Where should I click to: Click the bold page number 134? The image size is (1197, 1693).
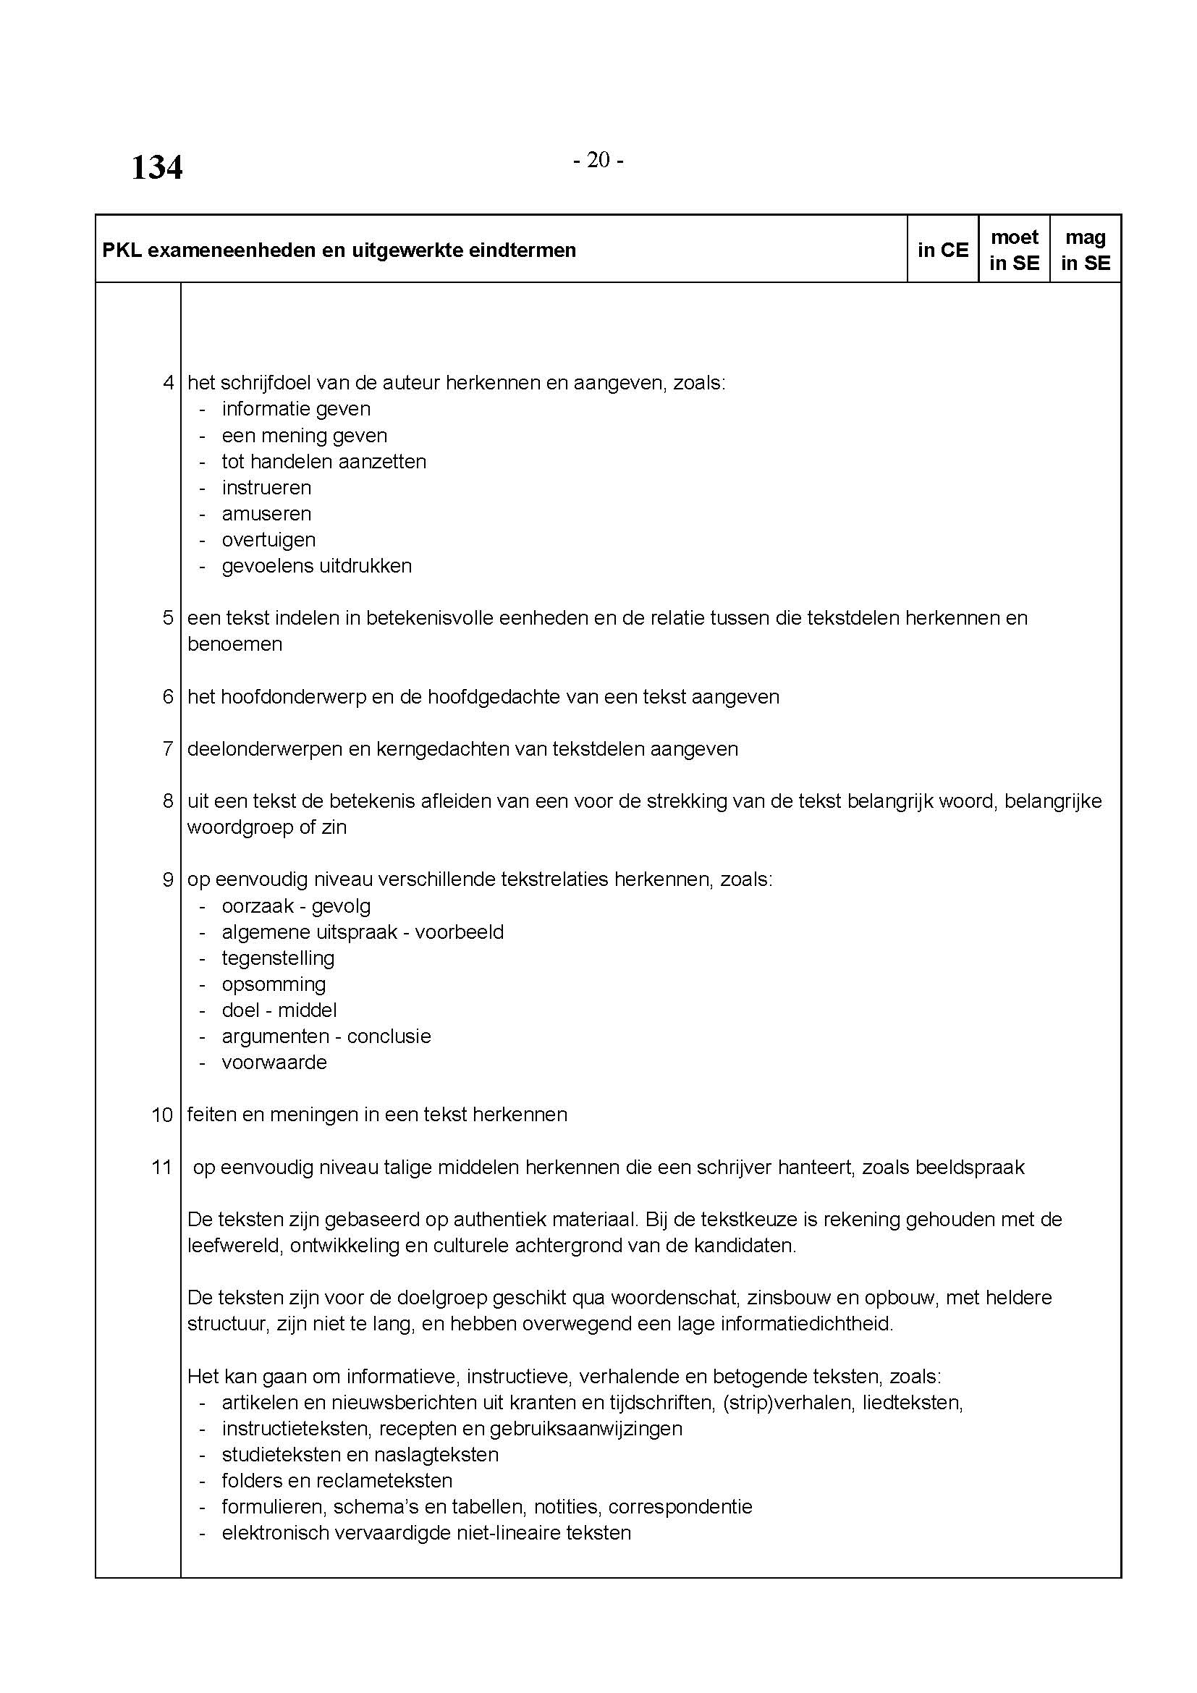click(157, 167)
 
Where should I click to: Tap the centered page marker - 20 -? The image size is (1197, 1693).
click(598, 160)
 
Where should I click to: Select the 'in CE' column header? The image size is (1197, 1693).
click(943, 250)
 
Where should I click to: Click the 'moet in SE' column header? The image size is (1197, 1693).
click(1014, 250)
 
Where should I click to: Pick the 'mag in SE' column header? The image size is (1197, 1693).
click(1085, 250)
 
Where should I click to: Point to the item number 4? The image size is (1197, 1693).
click(168, 383)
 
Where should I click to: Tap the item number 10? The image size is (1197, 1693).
click(162, 1115)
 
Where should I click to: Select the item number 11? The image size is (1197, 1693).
click(161, 1168)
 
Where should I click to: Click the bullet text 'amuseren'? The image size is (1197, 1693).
click(266, 514)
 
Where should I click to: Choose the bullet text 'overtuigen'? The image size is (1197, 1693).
click(268, 540)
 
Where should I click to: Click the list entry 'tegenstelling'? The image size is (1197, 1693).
click(278, 958)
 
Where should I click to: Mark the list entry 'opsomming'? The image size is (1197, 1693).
click(274, 984)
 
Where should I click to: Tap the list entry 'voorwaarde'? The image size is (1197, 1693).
click(274, 1063)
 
